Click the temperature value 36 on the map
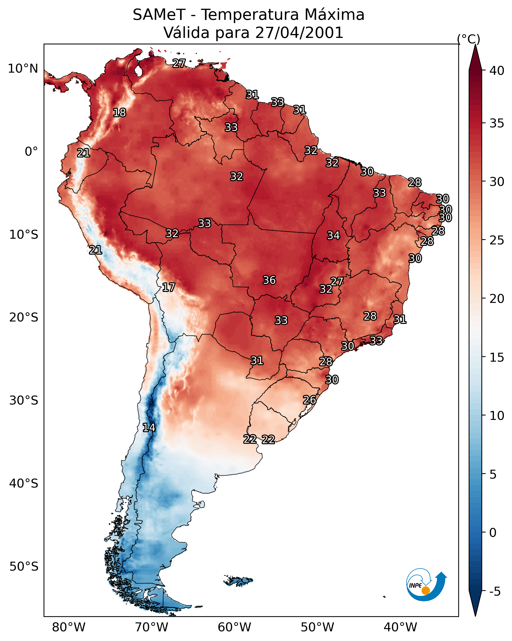pos(269,280)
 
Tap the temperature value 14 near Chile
pos(149,428)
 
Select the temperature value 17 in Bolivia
pos(168,287)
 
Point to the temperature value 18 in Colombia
pos(119,113)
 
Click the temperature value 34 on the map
pos(333,235)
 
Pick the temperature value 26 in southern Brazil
pos(310,400)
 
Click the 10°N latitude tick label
pos(23,69)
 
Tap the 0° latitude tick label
pos(31,152)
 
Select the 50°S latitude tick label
pos(24,567)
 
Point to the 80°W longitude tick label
pos(69,627)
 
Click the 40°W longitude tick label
pos(400,627)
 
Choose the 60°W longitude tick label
pos(235,627)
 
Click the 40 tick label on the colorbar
pos(497,71)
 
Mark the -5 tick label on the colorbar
pos(495,591)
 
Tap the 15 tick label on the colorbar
pos(497,357)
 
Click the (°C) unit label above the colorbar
pos(468,39)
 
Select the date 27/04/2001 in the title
pos(299,33)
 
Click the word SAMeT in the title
pos(159,15)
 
